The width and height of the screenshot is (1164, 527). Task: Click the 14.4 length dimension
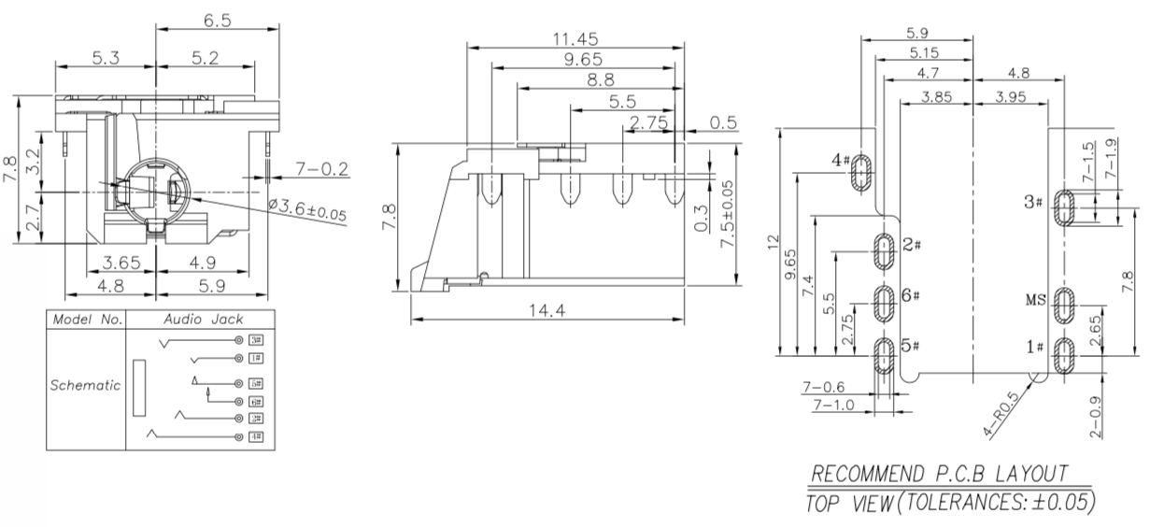click(547, 311)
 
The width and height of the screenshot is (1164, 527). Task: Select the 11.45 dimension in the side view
click(575, 39)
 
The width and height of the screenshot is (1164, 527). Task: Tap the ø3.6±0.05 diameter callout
click(307, 209)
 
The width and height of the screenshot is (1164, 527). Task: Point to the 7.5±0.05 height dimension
click(728, 214)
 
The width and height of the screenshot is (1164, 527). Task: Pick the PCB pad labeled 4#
click(861, 172)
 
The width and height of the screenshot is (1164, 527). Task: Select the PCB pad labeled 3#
click(1065, 207)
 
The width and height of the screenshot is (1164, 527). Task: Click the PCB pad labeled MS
click(1064, 305)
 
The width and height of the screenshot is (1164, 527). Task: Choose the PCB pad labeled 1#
click(1064, 355)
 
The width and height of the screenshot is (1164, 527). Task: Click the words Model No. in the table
click(88, 320)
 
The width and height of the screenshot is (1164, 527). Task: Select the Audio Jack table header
click(203, 320)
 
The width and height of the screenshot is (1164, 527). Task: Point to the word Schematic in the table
click(85, 385)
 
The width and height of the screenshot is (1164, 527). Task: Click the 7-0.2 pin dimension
click(321, 169)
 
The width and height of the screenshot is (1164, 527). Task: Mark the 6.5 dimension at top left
click(218, 21)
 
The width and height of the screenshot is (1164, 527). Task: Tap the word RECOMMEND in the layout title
click(868, 474)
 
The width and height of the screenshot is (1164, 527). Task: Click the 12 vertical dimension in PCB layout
click(774, 242)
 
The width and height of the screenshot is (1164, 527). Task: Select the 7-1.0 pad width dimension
click(833, 405)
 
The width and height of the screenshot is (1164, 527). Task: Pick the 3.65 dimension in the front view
click(121, 263)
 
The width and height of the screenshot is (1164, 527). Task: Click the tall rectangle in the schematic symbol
click(139, 388)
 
